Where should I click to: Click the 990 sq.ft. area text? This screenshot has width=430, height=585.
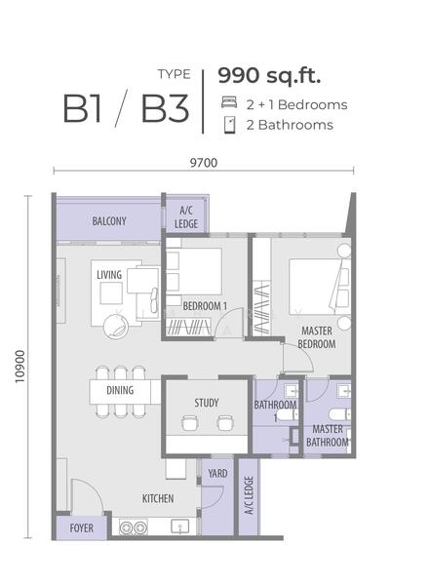click(x=269, y=76)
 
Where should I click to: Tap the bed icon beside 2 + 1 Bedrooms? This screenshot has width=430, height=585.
click(x=229, y=102)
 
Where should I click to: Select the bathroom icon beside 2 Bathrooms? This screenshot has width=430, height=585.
click(x=229, y=125)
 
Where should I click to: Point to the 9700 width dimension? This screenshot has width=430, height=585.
click(x=204, y=163)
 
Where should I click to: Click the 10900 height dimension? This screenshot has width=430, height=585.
click(x=20, y=367)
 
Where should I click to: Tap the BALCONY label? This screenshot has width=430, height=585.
click(x=109, y=221)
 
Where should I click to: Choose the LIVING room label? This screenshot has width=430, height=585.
click(x=109, y=275)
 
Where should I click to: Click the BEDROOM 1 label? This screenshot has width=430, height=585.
click(x=205, y=306)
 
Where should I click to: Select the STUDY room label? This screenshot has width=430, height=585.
click(x=207, y=403)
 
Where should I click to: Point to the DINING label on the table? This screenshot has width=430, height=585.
click(x=120, y=390)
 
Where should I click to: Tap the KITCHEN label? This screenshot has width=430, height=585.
click(x=158, y=498)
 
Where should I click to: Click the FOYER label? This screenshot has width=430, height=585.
click(x=81, y=528)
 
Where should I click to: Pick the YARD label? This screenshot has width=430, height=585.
click(x=217, y=474)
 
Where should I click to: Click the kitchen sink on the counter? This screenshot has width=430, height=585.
click(x=180, y=526)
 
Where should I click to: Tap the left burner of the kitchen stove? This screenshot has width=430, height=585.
click(x=126, y=527)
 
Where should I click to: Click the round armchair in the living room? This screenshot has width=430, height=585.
click(x=116, y=328)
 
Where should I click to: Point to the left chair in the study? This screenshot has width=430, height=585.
click(x=189, y=423)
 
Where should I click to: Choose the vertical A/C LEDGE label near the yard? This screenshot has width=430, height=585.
click(x=249, y=495)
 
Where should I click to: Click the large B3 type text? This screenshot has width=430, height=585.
click(x=165, y=108)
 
